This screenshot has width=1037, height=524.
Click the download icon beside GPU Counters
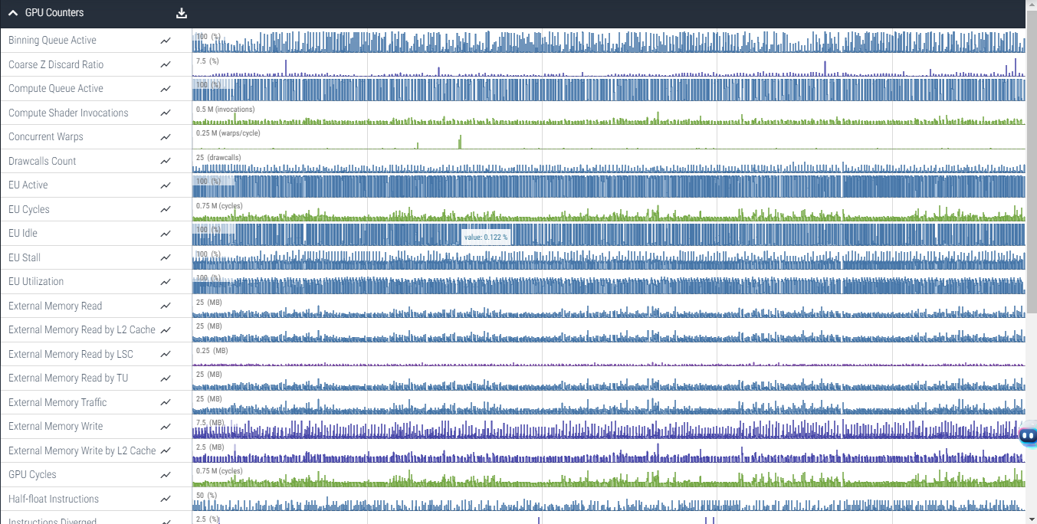pyautogui.click(x=182, y=13)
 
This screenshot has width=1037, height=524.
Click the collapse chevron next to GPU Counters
pyautogui.click(x=13, y=13)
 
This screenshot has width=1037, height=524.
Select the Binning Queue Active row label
pyautogui.click(x=52, y=41)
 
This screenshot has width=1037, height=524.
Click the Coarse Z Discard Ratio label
pyautogui.click(x=56, y=64)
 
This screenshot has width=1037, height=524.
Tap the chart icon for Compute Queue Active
pyautogui.click(x=166, y=89)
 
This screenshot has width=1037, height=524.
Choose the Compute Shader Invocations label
pyautogui.click(x=68, y=113)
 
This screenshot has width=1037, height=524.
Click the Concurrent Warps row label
pyautogui.click(x=46, y=137)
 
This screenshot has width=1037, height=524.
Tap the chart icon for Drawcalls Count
pyautogui.click(x=166, y=162)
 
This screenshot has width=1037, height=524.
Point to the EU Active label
pyautogui.click(x=28, y=185)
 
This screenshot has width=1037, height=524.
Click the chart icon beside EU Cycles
pyautogui.click(x=166, y=210)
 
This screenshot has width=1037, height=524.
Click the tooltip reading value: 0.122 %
pyautogui.click(x=486, y=237)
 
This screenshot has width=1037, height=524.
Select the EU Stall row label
pyautogui.click(x=25, y=258)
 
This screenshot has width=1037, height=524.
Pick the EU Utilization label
pyautogui.click(x=36, y=282)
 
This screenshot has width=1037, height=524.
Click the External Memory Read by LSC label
pyautogui.click(x=71, y=354)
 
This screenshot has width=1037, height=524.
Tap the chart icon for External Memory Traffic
pyautogui.click(x=166, y=403)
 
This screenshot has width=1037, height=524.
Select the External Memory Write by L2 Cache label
pyautogui.click(x=82, y=450)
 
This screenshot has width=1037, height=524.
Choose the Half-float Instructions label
pyautogui.click(x=54, y=499)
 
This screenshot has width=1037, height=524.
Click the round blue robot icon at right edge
pyautogui.click(x=1029, y=436)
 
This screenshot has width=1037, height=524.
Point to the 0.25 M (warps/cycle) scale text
pyautogui.click(x=228, y=133)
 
